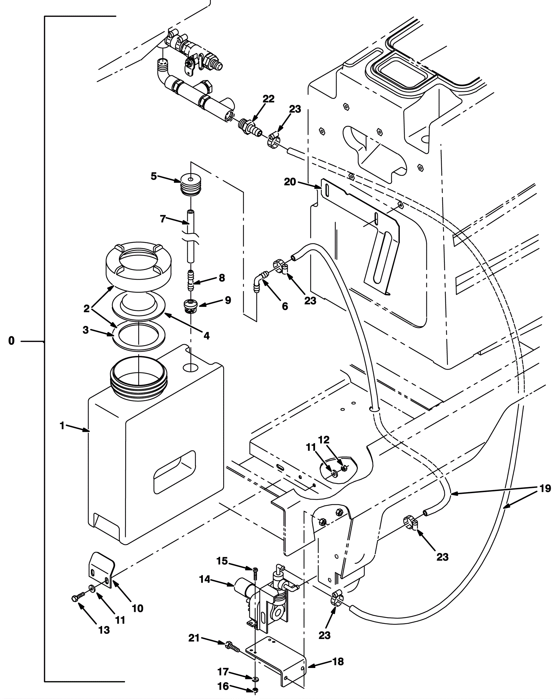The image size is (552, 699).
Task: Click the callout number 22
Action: tap(268, 99)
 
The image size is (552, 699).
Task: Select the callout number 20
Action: tap(290, 182)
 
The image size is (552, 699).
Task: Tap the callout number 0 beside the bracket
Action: tap(12, 341)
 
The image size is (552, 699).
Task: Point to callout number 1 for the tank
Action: tap(62, 426)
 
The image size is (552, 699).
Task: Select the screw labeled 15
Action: tap(255, 574)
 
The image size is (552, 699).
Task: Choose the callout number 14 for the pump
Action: tap(205, 579)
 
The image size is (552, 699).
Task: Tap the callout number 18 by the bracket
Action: tap(338, 662)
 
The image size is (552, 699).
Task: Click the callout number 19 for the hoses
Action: tap(545, 488)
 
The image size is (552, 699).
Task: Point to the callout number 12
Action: tap(324, 440)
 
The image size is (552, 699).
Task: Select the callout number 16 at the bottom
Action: tap(223, 686)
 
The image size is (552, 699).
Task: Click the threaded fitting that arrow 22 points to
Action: tap(250, 128)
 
